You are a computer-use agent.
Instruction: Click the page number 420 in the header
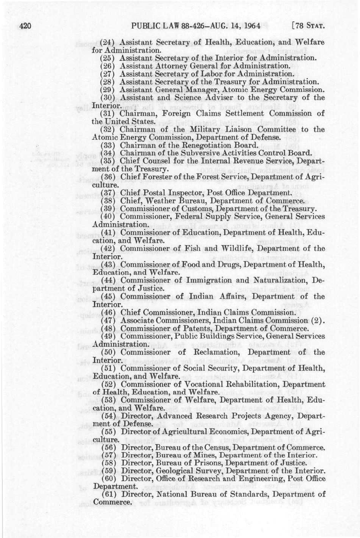tap(23, 26)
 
